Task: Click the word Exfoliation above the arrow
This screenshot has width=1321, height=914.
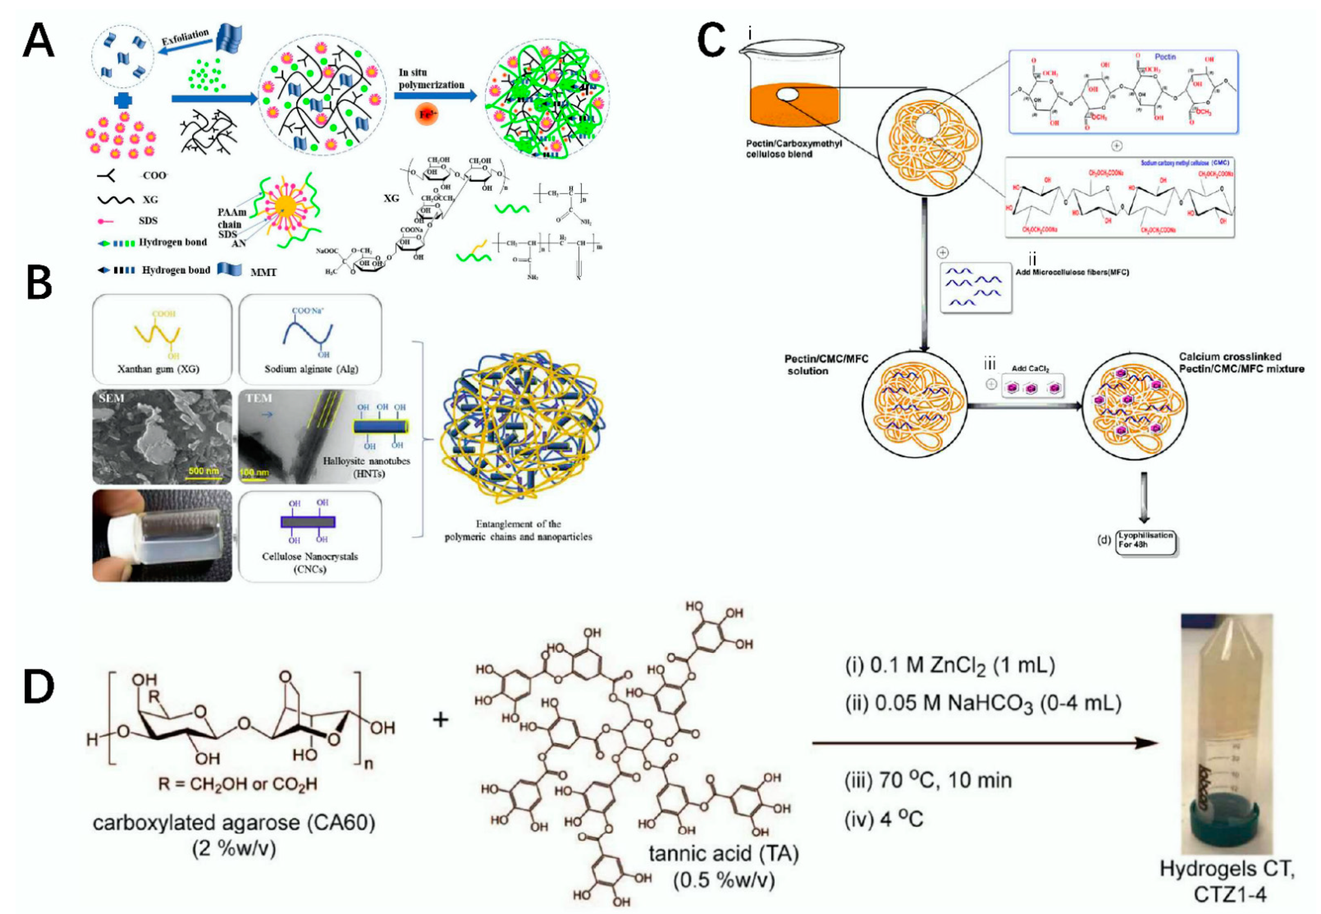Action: point(185,38)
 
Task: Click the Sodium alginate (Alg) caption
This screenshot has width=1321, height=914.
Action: point(311,369)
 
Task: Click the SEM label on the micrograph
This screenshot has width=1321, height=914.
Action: point(111,398)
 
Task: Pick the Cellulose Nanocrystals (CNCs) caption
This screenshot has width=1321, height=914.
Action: point(310,562)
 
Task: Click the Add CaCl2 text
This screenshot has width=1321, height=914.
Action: point(1030,368)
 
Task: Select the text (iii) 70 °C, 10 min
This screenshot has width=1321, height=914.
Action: point(928,780)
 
